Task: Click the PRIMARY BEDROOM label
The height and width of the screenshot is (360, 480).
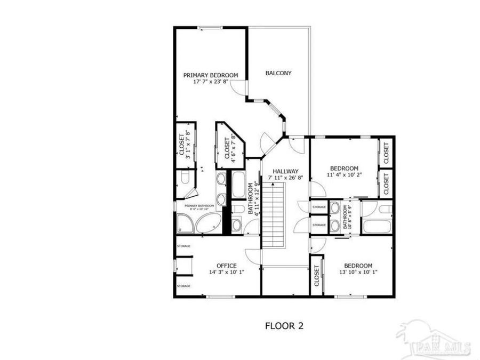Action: [x=211, y=75]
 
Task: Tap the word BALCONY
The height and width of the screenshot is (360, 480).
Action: [x=278, y=73]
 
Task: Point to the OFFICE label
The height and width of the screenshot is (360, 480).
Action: [x=226, y=265]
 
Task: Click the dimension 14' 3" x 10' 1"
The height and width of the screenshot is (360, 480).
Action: [x=226, y=272]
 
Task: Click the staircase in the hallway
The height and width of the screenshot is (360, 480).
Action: [x=276, y=213]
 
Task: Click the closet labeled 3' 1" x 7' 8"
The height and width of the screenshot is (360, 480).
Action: [x=185, y=146]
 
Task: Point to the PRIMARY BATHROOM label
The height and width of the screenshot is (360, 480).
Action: [x=199, y=205]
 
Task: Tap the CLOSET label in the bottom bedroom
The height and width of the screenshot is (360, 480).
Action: [x=316, y=276]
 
